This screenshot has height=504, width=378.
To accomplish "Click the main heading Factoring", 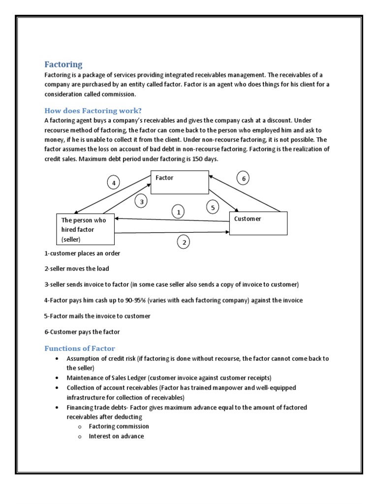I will (63, 64).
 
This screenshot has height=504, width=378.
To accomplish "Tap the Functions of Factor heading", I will (80, 348).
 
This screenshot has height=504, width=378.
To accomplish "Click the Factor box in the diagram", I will (180, 183).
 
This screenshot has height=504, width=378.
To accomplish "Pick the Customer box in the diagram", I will (258, 223).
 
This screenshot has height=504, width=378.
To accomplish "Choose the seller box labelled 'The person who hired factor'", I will (85, 229).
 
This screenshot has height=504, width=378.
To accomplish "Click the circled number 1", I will (178, 212).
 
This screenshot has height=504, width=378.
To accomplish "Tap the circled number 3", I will (141, 201).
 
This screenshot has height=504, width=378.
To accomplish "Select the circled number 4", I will (114, 183).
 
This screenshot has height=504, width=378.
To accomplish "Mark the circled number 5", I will (213, 208).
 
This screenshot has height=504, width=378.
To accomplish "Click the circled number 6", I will (243, 179).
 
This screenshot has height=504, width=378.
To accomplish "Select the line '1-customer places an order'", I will (82, 253).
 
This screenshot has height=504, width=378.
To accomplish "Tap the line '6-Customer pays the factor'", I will (82, 332).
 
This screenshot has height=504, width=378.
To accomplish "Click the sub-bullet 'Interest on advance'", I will (116, 436).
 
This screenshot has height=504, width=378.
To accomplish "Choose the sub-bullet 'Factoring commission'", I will (119, 426).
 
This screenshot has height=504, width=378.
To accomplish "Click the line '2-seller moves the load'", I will (77, 269).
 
